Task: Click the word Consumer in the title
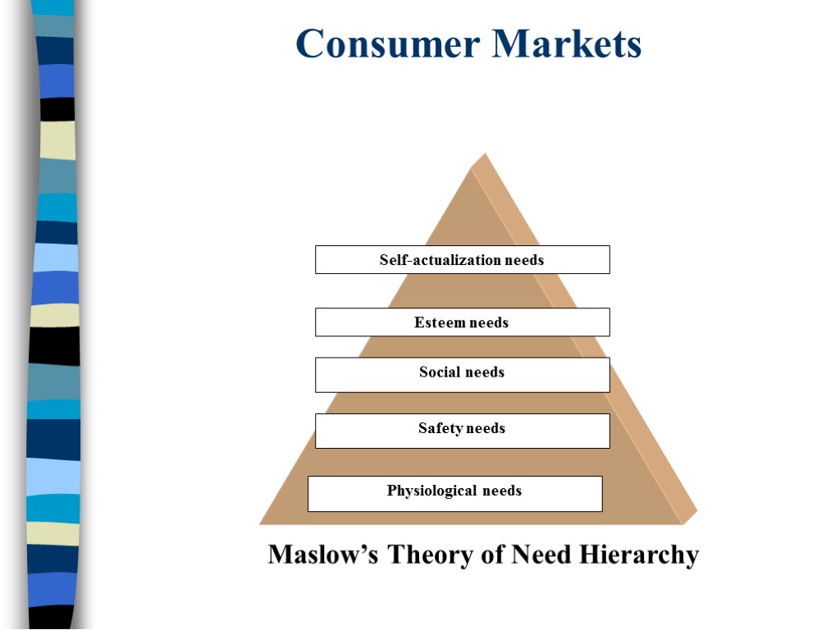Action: (x=388, y=43)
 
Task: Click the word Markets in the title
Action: (x=567, y=43)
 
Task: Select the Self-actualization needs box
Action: (x=462, y=260)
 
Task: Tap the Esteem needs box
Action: (x=462, y=322)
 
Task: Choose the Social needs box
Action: (x=462, y=374)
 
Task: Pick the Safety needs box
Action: (x=462, y=431)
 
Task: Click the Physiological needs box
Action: (x=454, y=493)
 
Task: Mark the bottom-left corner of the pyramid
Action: (x=261, y=523)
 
